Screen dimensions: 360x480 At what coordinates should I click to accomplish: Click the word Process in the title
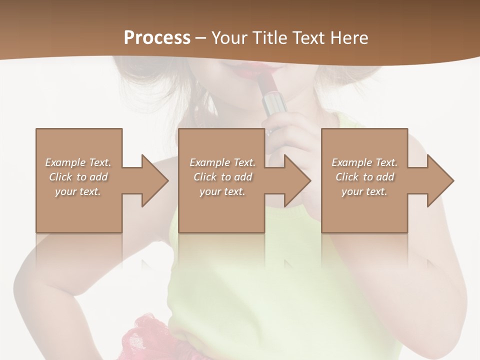click(157, 37)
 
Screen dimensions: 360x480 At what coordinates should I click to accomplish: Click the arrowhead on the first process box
click(155, 180)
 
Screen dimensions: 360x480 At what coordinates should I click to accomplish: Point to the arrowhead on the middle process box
click(297, 180)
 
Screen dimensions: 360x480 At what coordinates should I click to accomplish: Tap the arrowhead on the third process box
click(440, 180)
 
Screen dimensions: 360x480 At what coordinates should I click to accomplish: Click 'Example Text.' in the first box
click(78, 162)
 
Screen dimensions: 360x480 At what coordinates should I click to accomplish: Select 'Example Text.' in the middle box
click(222, 162)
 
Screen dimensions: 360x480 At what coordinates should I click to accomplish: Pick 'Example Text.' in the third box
click(364, 162)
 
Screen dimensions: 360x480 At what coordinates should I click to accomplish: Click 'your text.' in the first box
click(78, 191)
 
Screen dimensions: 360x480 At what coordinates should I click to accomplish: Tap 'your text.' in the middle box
click(222, 191)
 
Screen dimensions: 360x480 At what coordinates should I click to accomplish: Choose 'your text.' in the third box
click(364, 191)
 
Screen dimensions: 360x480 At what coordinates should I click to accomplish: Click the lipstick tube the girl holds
click(273, 102)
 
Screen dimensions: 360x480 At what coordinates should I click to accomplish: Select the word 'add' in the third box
click(384, 177)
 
